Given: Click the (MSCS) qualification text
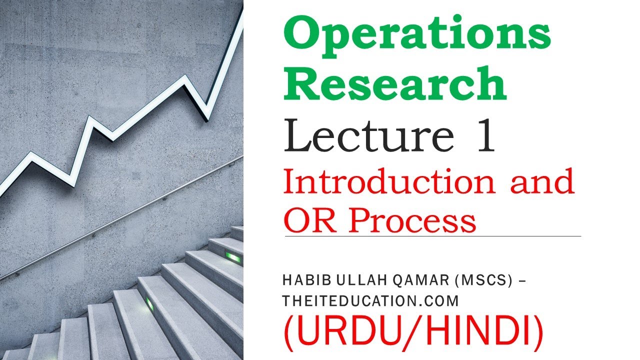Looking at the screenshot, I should coord(483,281).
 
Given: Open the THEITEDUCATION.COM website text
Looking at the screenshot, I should coord(370,300).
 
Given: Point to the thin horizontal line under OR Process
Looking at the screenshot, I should coord(432,236).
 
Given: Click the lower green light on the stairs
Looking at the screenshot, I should coord(149,303).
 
